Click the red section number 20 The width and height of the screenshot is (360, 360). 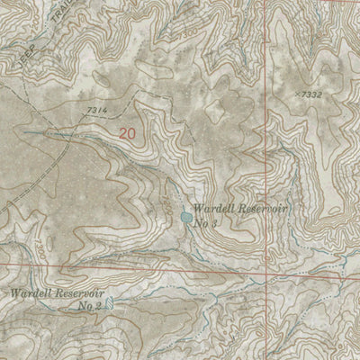tap(128, 132)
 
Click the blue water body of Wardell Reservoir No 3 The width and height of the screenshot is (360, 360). tap(185, 217)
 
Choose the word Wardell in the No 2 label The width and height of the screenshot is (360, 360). tap(30, 293)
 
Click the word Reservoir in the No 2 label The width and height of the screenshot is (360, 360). tap(80, 293)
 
